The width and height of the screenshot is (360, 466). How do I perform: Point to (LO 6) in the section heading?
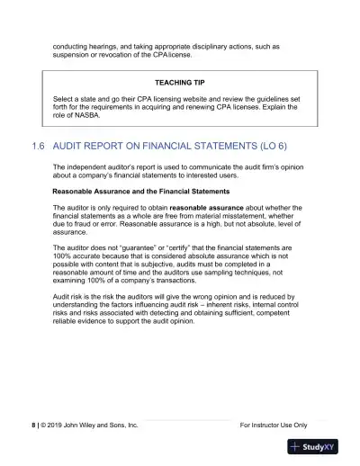point(265,146)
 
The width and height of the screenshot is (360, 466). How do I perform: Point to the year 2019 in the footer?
point(50,424)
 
